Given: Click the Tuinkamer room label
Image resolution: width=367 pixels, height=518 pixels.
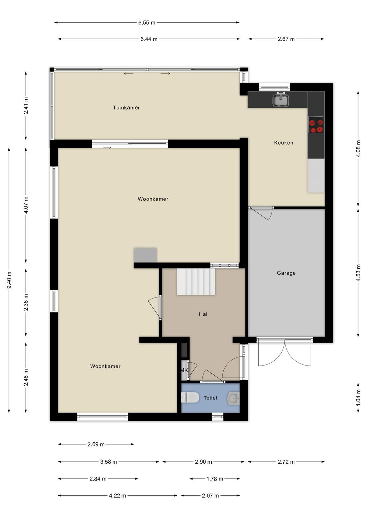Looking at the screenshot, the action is (126, 107).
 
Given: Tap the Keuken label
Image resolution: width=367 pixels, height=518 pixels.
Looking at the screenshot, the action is (284, 143).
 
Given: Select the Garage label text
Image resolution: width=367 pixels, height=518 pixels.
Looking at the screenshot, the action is (286, 273).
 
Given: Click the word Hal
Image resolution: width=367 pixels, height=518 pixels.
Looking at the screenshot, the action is (203, 314).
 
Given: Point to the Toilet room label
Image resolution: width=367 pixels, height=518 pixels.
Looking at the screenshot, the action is (210, 398).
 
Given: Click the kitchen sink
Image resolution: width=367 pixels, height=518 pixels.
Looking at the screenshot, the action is (281, 99).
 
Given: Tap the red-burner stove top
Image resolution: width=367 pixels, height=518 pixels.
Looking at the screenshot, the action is (316, 124).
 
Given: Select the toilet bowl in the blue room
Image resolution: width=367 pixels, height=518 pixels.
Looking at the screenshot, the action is (190, 398).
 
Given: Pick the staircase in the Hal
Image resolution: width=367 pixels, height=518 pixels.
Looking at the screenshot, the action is (196, 281).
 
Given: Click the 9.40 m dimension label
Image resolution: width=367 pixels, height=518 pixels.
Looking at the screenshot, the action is (9, 280).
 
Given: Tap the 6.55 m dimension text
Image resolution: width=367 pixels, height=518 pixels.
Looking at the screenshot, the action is (147, 23).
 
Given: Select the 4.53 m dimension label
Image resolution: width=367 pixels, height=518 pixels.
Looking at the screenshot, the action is (358, 273).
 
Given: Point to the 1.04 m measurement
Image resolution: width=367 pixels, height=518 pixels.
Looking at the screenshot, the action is (358, 398).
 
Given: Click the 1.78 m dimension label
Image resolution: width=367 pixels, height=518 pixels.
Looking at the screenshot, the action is (215, 479).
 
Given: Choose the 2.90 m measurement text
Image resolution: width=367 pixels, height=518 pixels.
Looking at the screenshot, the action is (203, 462).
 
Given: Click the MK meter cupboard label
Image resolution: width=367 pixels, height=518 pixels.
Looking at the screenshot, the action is (184, 370).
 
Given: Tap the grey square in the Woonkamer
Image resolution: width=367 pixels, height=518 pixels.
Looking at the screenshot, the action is (145, 255).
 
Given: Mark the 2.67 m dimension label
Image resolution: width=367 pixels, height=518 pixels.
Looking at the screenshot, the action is (286, 39).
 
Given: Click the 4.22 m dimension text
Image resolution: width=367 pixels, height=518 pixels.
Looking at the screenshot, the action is (117, 496).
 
